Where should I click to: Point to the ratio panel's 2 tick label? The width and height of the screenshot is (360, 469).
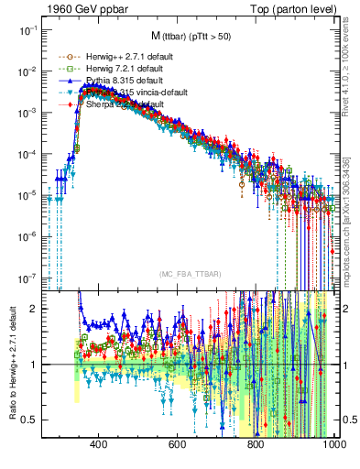pos(35,309)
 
